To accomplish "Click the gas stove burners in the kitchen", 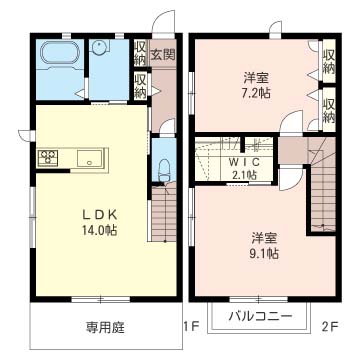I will click(x=50, y=158).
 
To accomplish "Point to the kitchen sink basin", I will click(x=85, y=158).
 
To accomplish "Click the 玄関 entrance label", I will click(x=164, y=53).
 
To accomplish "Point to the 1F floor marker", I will click(x=190, y=325).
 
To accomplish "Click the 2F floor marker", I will click(x=329, y=325).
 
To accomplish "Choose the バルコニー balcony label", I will click(x=260, y=317).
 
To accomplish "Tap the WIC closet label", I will click(x=243, y=161).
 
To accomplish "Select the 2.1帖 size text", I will click(x=243, y=174).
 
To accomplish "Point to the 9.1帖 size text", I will click(x=264, y=254).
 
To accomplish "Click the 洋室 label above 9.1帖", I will click(x=264, y=237).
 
